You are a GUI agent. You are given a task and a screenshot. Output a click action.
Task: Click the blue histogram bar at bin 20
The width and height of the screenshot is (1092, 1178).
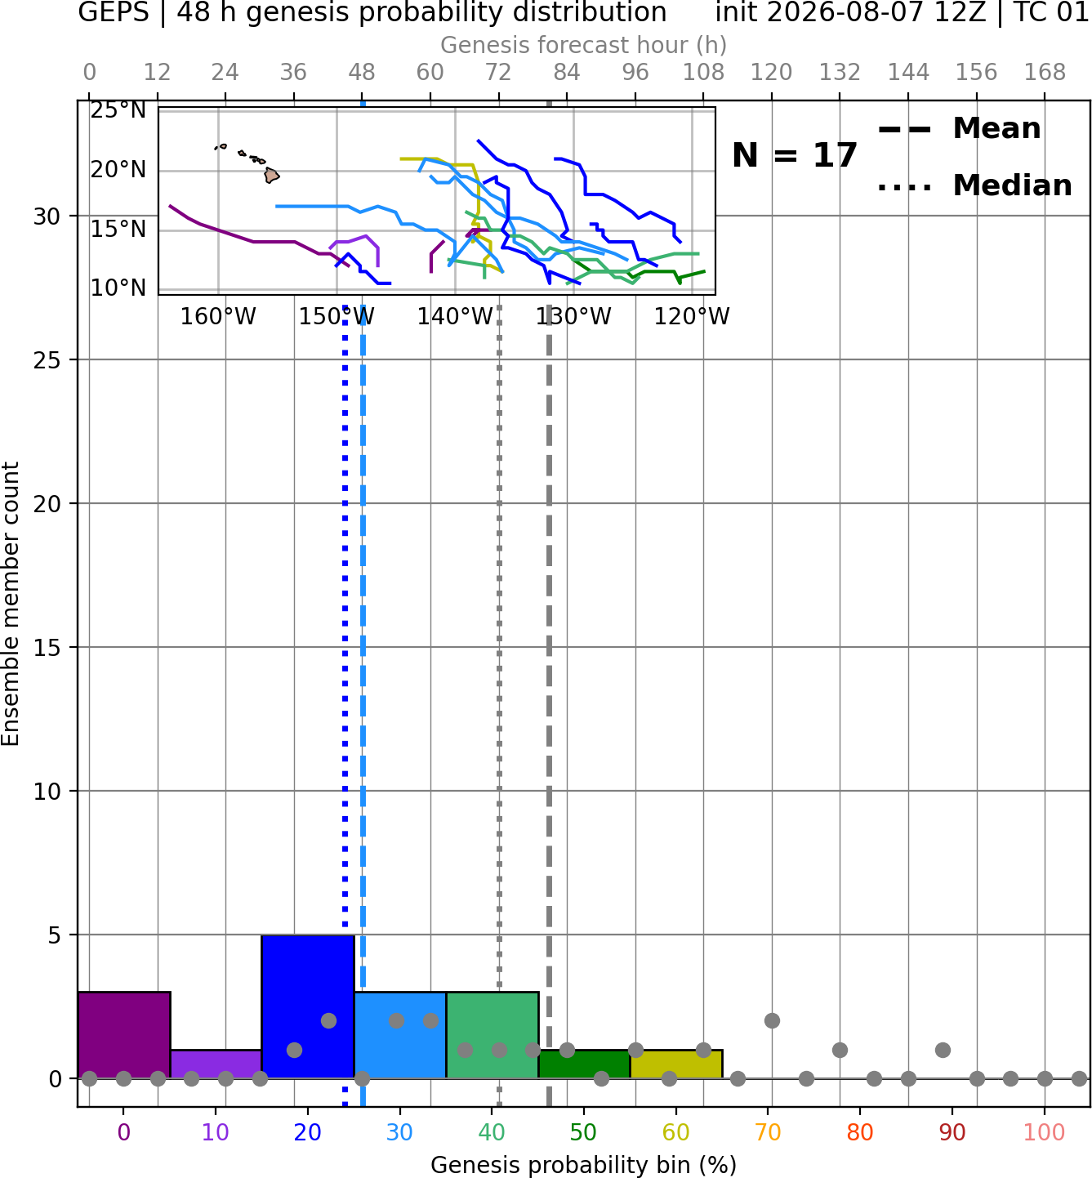tap(308, 1006)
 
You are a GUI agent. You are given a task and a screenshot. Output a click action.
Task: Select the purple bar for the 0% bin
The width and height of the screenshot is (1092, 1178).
tap(124, 1035)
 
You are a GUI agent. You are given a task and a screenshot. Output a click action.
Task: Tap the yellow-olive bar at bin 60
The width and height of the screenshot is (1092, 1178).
tap(676, 1064)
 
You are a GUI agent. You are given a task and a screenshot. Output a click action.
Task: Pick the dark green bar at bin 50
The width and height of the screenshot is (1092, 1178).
tap(584, 1064)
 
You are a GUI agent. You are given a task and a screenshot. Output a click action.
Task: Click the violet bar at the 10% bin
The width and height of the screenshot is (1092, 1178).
tap(216, 1064)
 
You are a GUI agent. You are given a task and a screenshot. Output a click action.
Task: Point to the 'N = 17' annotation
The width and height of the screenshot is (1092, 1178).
tap(794, 155)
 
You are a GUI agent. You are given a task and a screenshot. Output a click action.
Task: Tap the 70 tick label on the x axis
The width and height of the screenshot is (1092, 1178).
tap(768, 1132)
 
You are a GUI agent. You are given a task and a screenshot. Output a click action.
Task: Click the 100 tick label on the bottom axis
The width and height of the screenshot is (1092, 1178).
tap(1045, 1132)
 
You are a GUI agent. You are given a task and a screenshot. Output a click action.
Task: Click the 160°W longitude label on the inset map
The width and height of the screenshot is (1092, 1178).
tap(218, 317)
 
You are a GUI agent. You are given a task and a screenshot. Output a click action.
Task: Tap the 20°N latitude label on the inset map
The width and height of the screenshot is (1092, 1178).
tap(118, 170)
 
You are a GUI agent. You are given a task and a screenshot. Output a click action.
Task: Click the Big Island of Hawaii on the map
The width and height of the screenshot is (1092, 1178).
tap(272, 175)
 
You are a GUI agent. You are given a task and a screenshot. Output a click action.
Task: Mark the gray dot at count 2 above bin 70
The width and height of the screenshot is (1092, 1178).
tap(772, 1021)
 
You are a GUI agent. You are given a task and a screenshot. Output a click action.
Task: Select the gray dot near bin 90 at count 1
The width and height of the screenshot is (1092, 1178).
tap(943, 1050)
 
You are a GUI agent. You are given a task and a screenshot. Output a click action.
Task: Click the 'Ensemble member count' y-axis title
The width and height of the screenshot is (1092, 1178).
tap(10, 604)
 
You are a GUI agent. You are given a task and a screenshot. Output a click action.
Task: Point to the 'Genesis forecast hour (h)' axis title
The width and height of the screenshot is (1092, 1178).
tap(584, 45)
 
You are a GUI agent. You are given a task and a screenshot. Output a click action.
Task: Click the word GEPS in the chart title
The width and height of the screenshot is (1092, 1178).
tap(114, 12)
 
